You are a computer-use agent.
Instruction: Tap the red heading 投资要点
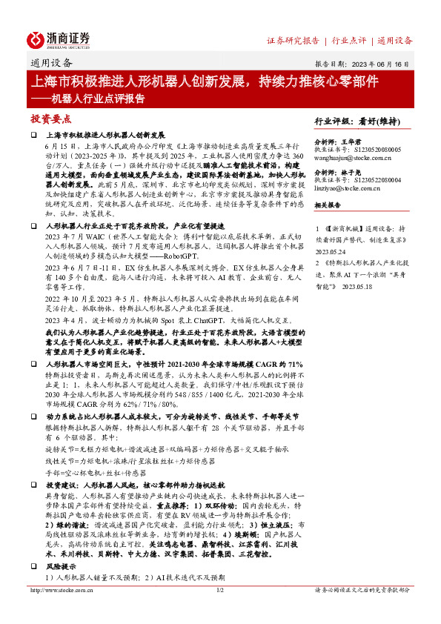pyautogui.click(x=50, y=119)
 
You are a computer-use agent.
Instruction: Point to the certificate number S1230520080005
pyautogui.click(x=375, y=149)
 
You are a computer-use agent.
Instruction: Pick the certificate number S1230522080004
pyautogui.click(x=375, y=181)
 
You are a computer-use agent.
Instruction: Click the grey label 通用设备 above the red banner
pyautogui.click(x=52, y=63)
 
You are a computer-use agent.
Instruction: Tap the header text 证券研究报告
pyautogui.click(x=293, y=40)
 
